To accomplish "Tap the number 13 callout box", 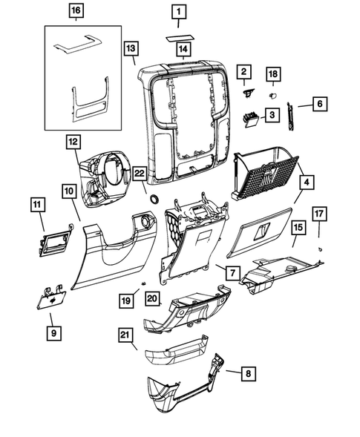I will [x=131, y=48].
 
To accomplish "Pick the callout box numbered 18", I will [x=273, y=74].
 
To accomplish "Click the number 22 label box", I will [x=139, y=174].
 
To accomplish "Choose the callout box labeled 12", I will [x=72, y=141].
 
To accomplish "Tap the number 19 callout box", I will [x=127, y=300].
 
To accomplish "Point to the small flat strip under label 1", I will [x=177, y=34].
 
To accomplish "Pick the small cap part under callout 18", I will [x=272, y=95].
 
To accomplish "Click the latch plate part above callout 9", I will [x=51, y=297].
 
